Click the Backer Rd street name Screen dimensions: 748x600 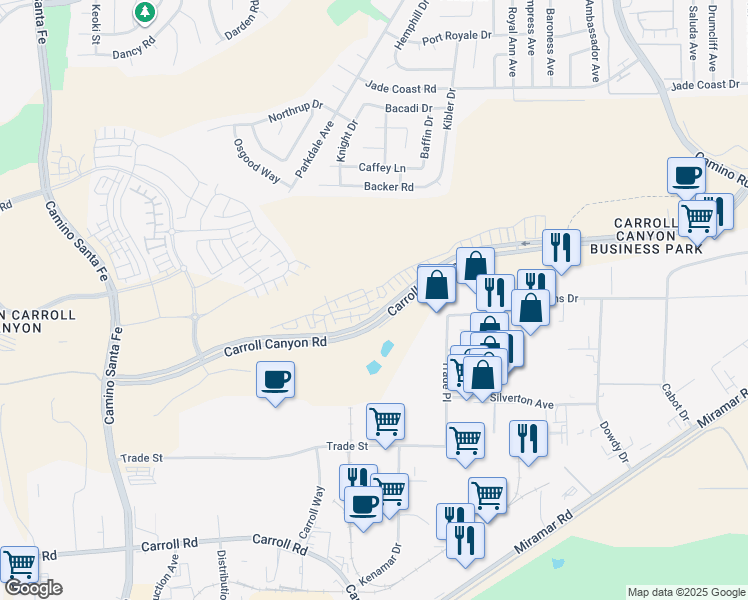388,187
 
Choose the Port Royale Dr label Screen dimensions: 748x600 457,37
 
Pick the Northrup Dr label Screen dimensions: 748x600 296,111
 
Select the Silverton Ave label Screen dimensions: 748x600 522,403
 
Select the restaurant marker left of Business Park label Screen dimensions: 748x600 560,248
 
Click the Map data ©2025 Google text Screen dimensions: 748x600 686,592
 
